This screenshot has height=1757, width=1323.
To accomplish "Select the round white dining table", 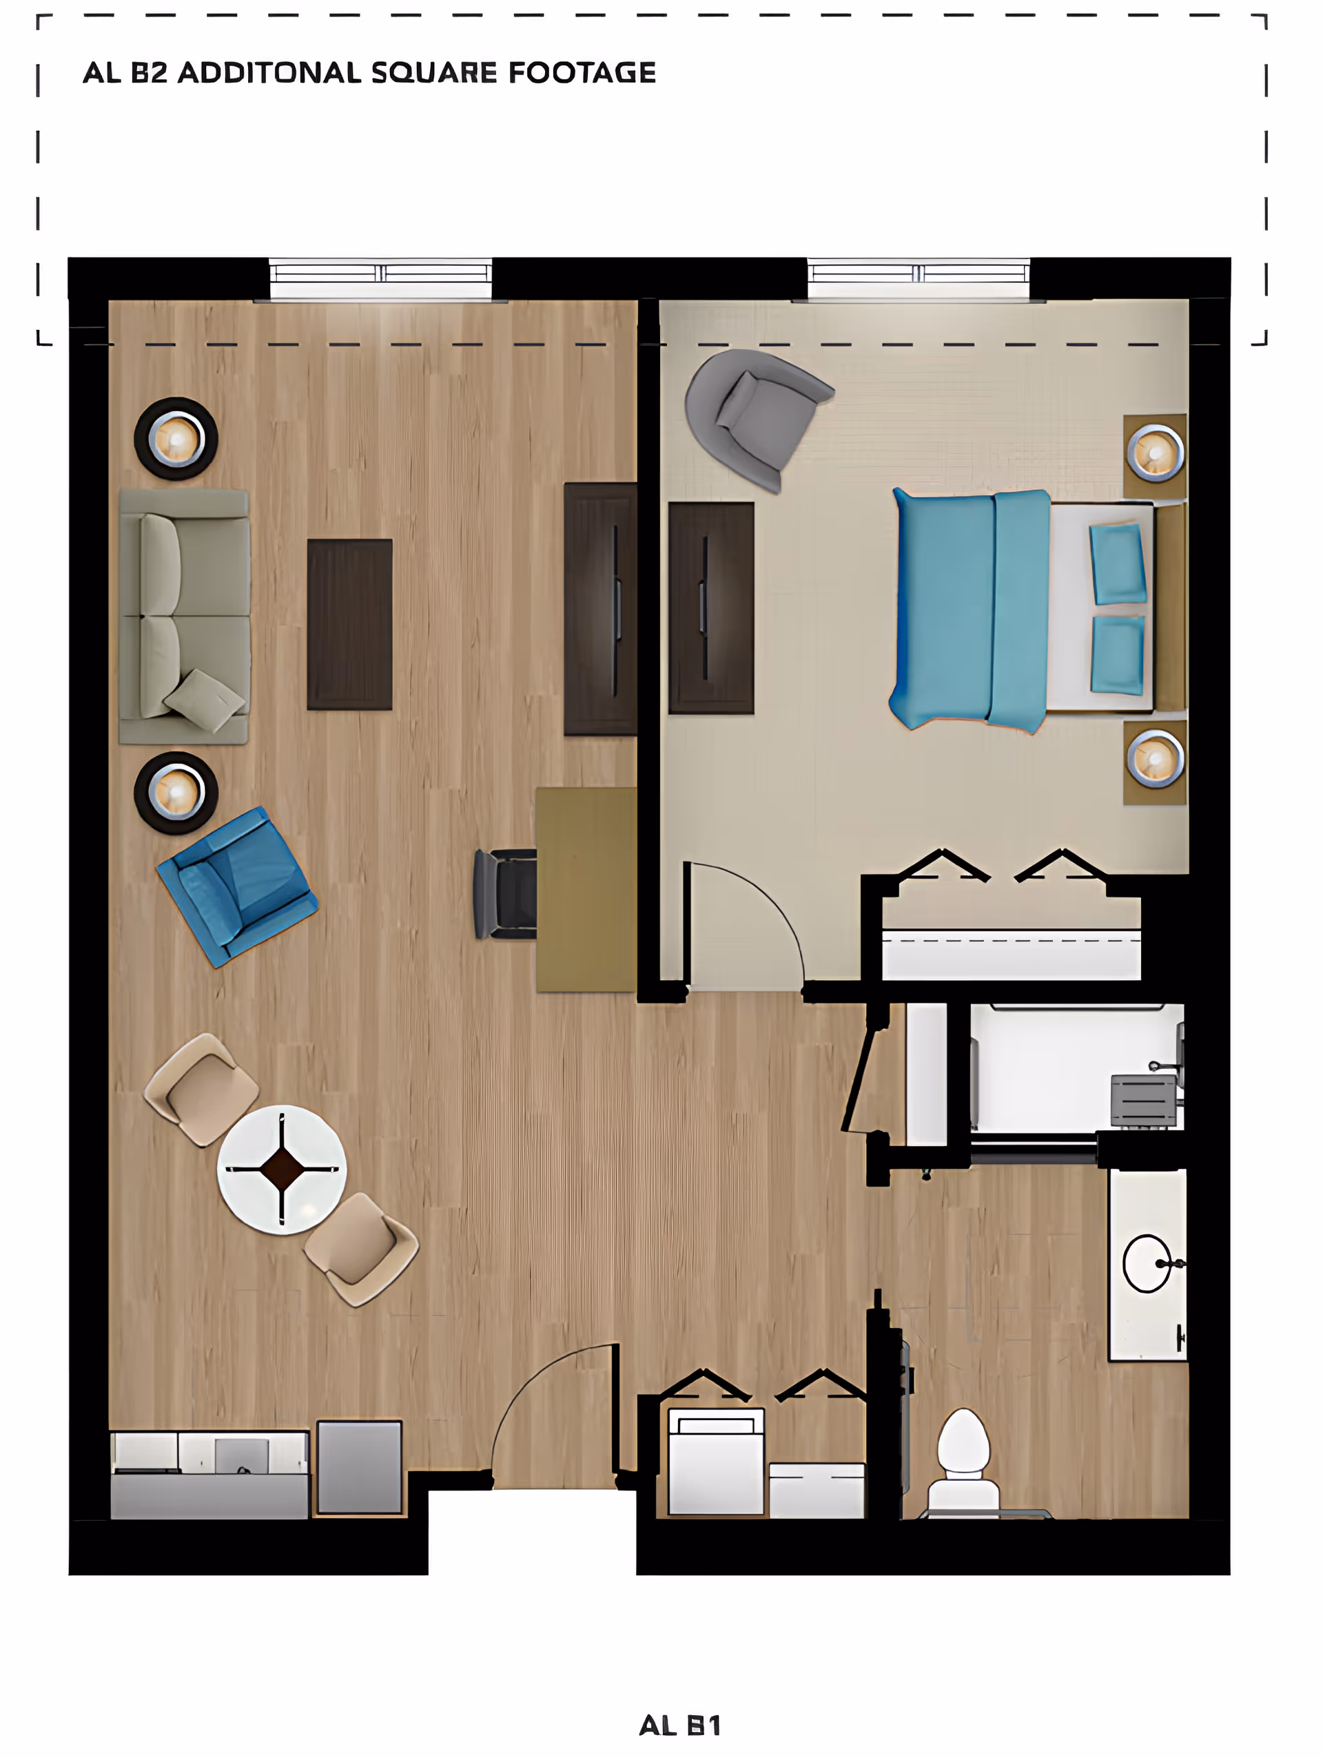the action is click(281, 1169).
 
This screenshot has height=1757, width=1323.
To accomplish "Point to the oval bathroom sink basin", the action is click(1147, 1263).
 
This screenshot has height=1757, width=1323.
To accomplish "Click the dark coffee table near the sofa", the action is click(349, 624).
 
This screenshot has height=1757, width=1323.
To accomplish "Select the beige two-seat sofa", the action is click(185, 616).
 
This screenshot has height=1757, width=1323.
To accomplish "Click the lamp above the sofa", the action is click(176, 439).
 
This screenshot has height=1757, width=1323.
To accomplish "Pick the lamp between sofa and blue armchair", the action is click(176, 793).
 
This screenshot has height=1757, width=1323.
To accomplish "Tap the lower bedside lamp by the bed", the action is click(1156, 760).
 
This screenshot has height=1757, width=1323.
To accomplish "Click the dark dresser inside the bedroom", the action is click(711, 607).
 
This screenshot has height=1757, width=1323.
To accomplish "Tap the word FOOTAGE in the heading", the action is click(582, 73).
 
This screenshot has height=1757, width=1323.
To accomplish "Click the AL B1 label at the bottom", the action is click(680, 1725).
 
